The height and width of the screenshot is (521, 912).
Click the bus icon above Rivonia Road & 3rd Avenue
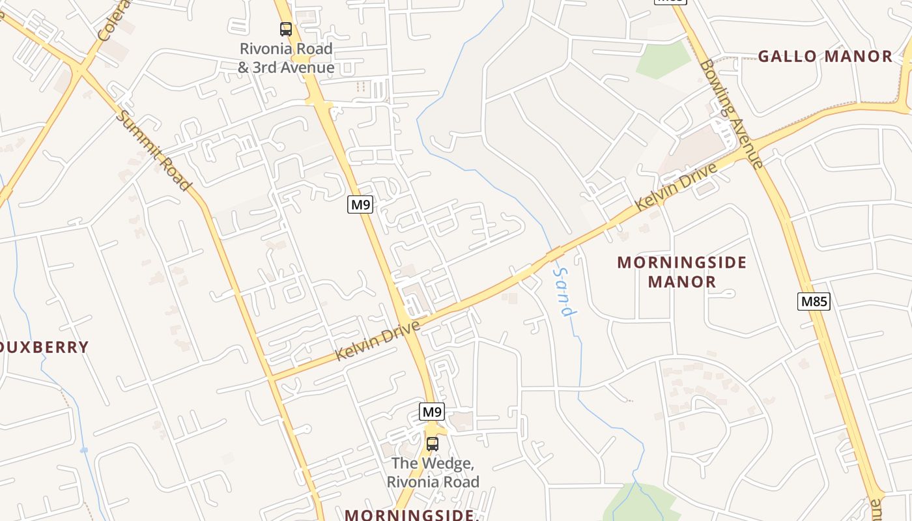(x=286, y=29)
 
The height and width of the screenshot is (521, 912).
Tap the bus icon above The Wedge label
(x=432, y=444)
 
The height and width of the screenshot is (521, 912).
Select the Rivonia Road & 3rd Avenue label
(x=286, y=58)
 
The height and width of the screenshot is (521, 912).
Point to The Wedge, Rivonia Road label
(x=433, y=473)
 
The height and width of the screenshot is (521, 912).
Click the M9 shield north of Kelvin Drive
(x=360, y=204)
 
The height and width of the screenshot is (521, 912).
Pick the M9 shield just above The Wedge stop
(x=432, y=412)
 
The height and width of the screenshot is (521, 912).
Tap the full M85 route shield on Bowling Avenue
(x=814, y=301)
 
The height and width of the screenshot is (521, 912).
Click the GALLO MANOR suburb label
(x=825, y=57)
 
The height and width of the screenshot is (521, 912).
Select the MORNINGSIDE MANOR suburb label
(x=682, y=272)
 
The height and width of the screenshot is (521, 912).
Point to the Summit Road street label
(x=154, y=150)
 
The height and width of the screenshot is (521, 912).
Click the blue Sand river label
(x=565, y=291)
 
